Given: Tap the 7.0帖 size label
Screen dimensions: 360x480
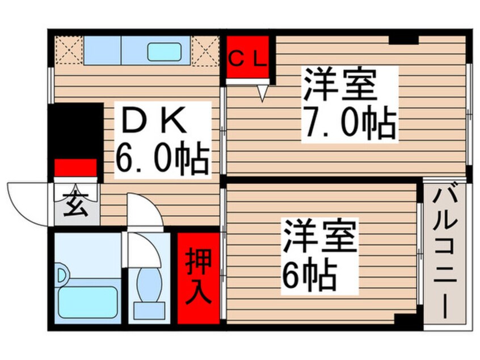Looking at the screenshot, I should coord(348,122).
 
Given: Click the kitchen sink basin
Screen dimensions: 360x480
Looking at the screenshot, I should coord(164,52).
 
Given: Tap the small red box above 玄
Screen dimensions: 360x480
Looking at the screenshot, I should coord(75,168).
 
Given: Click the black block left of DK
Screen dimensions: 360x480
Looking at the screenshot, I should coord(75,131).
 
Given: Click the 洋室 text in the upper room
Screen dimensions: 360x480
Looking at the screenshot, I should coord(339,85).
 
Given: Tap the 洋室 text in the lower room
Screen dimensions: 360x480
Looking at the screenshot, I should coord(321,237).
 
